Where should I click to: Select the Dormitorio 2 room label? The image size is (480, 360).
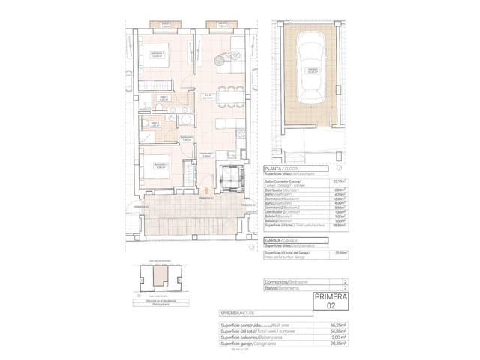pos(160,166)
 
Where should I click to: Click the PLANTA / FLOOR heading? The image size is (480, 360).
pos(283,170)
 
